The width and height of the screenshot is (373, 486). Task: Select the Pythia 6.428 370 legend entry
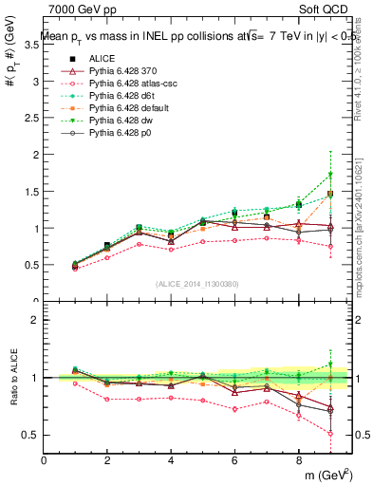[x=124, y=71]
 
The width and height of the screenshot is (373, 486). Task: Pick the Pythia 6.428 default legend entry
[x=129, y=108]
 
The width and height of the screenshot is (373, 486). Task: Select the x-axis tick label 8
[x=298, y=460]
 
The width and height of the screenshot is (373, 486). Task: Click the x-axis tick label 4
[x=171, y=460]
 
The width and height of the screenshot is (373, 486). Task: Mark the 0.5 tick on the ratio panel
[x=31, y=435]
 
